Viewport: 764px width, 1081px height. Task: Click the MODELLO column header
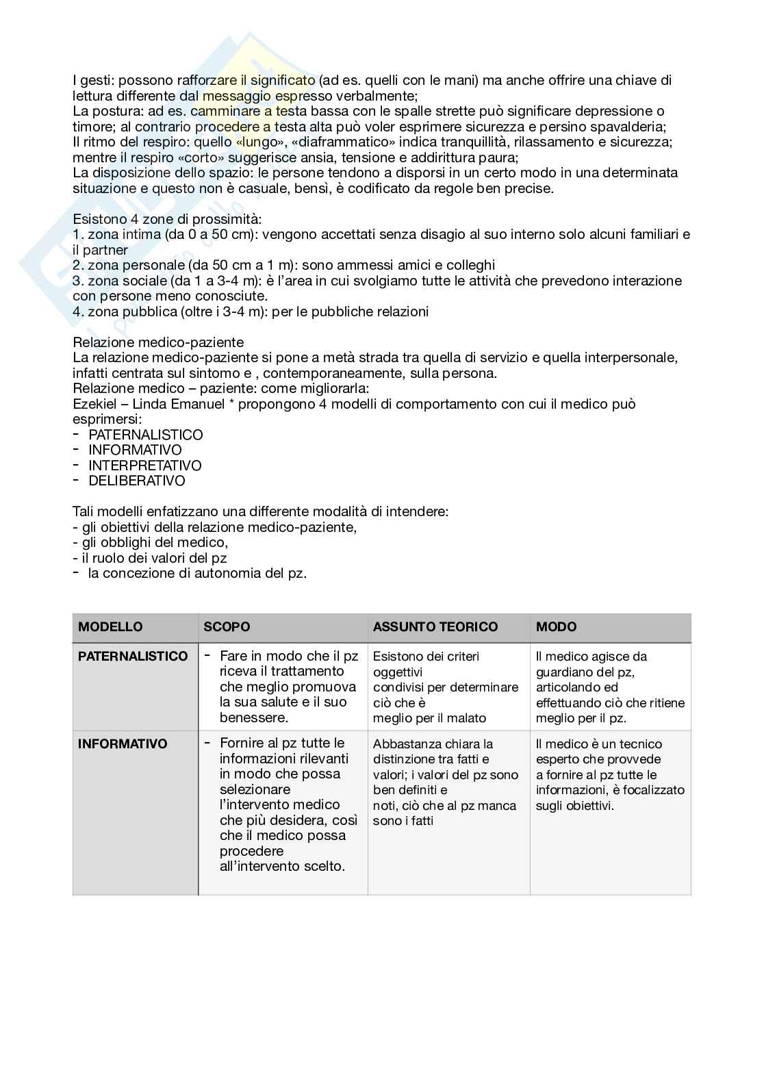click(x=110, y=626)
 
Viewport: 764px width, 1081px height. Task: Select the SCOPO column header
click(x=227, y=626)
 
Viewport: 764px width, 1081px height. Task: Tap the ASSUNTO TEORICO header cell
click(x=435, y=626)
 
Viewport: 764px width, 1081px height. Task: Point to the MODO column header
click(x=556, y=626)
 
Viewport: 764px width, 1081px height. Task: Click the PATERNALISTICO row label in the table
click(x=133, y=656)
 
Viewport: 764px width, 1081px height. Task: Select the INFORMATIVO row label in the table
click(x=123, y=743)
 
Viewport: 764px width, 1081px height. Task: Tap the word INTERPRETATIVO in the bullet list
click(x=145, y=466)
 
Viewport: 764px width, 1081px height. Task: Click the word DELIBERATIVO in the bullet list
click(x=137, y=481)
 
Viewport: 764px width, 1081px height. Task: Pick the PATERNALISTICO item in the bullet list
click(x=146, y=435)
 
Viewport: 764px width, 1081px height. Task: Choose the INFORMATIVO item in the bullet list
click(x=135, y=450)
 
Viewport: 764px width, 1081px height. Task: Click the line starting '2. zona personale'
click(x=283, y=265)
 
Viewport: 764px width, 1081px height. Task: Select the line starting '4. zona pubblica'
click(x=251, y=311)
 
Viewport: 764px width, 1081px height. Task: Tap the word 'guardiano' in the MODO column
click(x=565, y=672)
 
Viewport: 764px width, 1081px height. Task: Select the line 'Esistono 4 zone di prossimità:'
click(x=167, y=219)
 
